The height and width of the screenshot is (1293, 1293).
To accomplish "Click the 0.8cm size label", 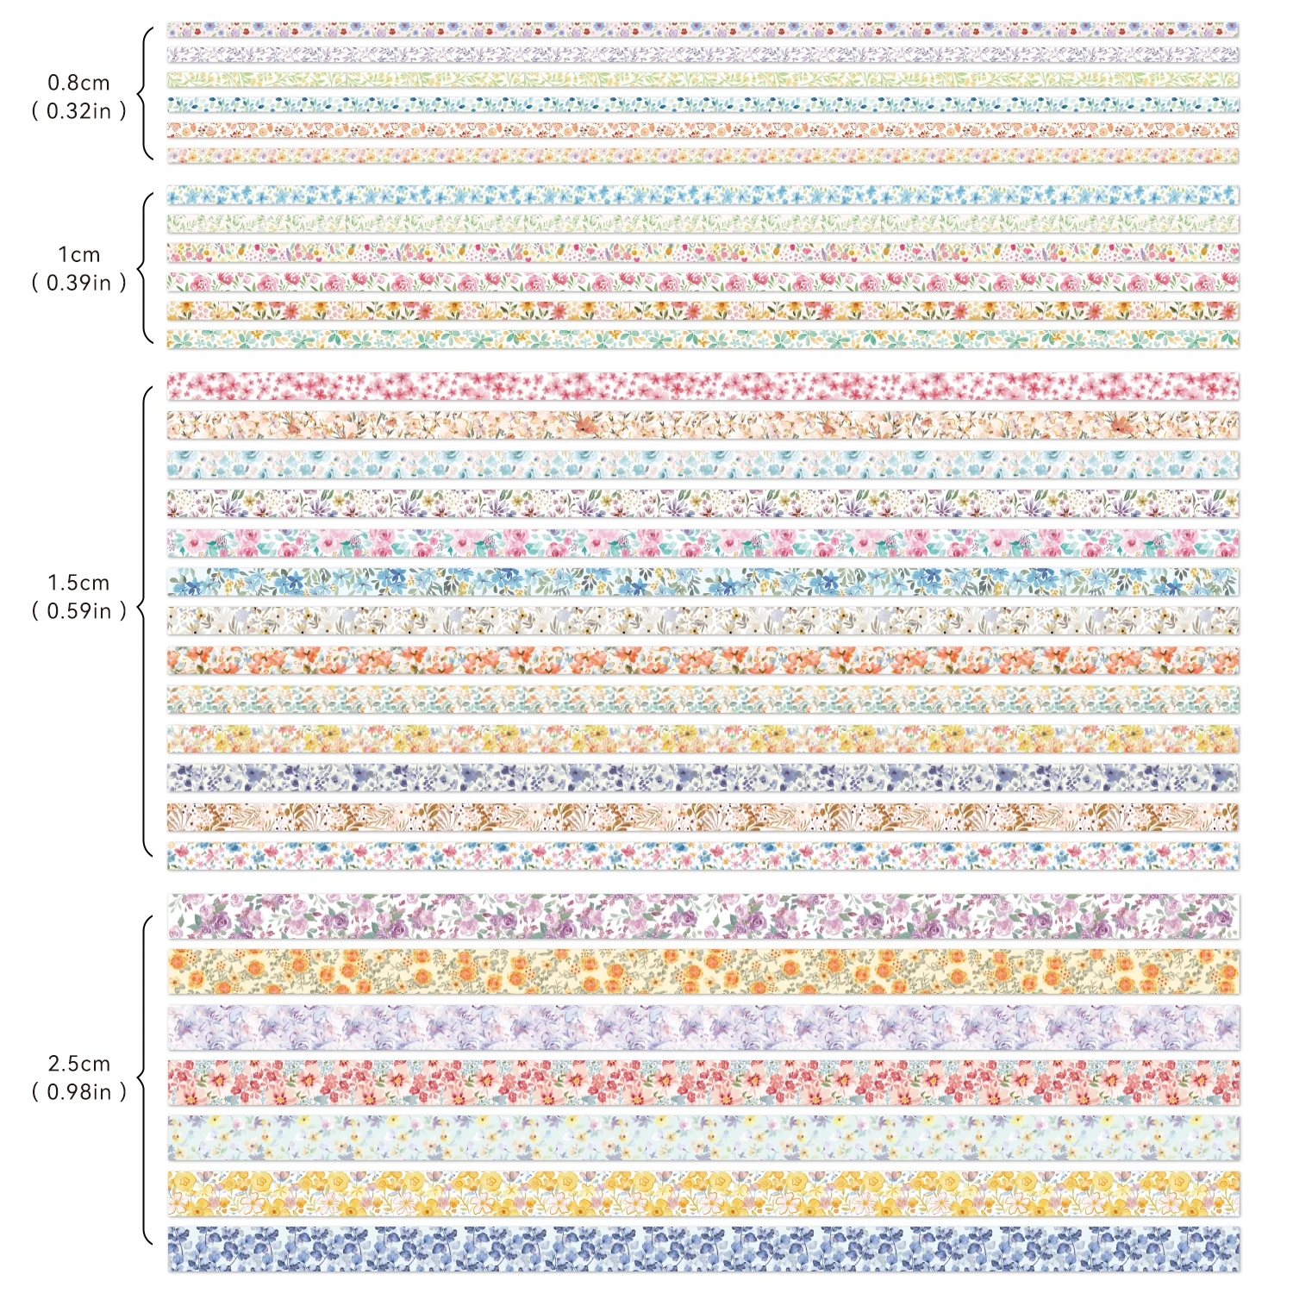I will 78,83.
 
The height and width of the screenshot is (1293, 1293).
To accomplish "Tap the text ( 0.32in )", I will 78,111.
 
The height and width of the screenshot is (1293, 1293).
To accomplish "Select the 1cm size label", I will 78,254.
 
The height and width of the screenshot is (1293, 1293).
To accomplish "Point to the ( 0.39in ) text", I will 78,283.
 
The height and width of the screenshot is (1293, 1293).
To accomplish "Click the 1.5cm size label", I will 78,583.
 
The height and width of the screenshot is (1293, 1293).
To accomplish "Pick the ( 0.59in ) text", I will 78,611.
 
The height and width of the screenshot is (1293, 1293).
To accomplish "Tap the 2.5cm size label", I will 78,1064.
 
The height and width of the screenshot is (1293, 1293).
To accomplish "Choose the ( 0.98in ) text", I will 78,1092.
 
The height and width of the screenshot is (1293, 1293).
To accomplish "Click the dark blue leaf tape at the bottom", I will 703,1249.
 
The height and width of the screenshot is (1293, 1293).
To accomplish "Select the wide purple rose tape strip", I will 703,915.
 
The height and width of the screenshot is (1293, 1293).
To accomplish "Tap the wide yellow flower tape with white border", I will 703,1194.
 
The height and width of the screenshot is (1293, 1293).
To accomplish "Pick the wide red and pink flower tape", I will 703,1083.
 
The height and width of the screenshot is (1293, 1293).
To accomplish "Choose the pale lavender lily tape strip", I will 703,1028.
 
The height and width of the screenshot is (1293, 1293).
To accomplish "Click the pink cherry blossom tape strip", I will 703,386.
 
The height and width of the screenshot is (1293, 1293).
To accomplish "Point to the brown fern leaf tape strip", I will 703,817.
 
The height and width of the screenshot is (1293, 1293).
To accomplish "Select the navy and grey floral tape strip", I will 703,778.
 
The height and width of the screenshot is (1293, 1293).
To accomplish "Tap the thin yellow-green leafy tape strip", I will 703,80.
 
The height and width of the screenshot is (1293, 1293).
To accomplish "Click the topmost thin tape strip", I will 703,30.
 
